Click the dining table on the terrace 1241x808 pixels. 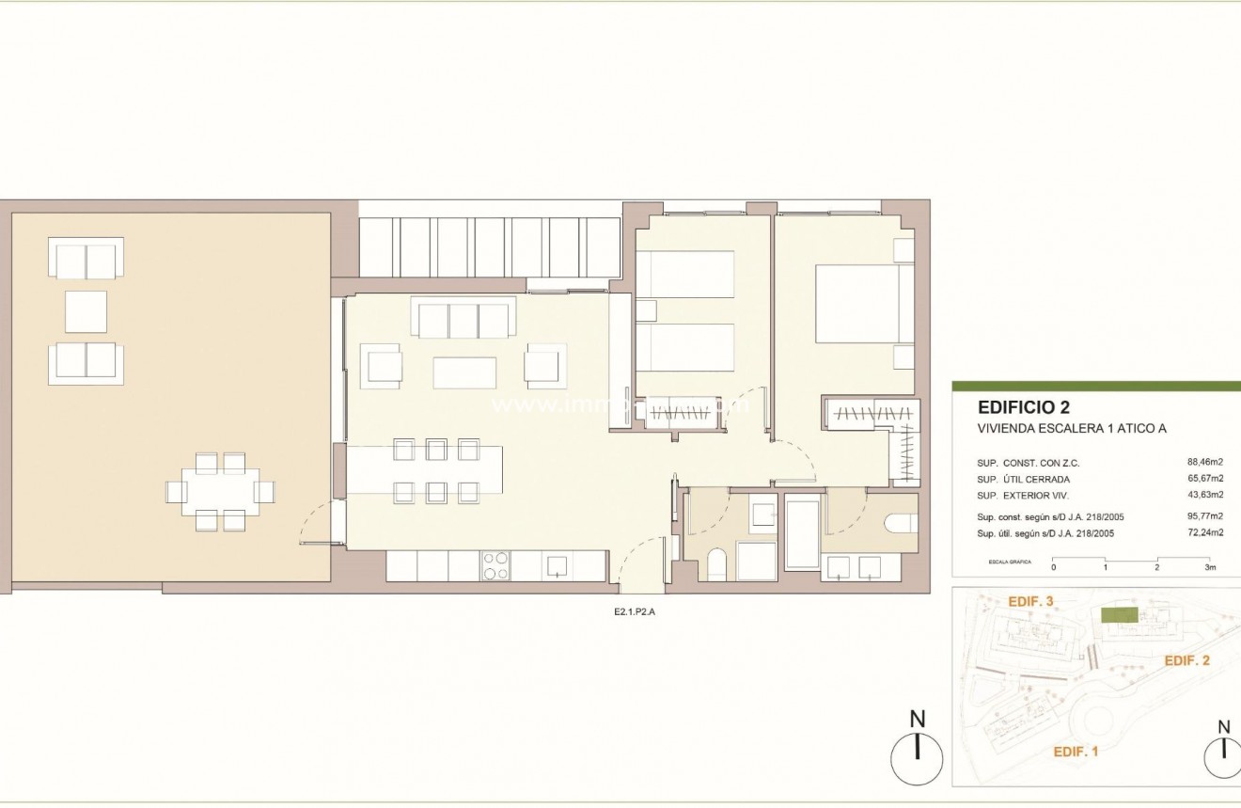[x=220, y=491]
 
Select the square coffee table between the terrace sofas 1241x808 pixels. [x=86, y=311]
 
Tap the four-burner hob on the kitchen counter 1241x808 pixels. [x=495, y=565]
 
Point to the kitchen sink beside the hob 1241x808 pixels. [x=556, y=565]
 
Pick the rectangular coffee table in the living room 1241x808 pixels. [x=464, y=372]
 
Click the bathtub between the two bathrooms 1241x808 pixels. [x=802, y=533]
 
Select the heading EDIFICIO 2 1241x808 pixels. [x=1024, y=408]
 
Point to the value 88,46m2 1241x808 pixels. [x=1204, y=463]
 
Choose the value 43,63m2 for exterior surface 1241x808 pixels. [x=1204, y=495]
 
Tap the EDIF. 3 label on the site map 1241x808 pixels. [x=1029, y=601]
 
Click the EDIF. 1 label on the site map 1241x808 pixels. [x=1075, y=751]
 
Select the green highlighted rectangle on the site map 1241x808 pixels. [x=1119, y=614]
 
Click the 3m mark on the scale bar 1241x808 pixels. [x=1210, y=568]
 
